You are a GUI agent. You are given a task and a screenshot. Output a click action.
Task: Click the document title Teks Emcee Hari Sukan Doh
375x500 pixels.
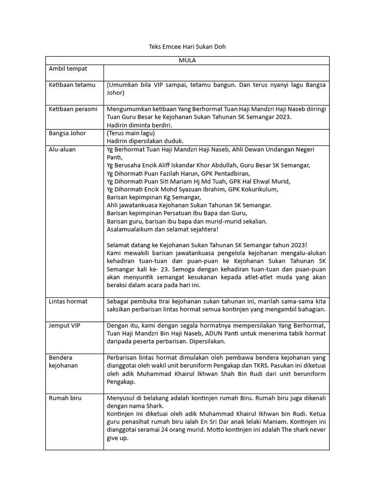[187, 47]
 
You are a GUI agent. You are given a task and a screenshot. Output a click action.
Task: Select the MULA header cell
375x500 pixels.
[187, 61]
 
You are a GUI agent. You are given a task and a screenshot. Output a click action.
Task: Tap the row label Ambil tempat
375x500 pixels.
[68, 69]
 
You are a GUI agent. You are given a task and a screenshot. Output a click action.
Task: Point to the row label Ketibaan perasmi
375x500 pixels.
[73, 109]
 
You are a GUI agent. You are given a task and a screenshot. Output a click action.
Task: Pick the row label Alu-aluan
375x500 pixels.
[62, 149]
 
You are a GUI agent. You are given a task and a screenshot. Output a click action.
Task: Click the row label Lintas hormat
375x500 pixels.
[68, 301]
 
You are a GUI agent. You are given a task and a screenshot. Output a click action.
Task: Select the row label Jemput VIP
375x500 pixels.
[64, 325]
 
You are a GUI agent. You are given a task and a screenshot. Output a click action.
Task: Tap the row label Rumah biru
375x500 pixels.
[65, 398]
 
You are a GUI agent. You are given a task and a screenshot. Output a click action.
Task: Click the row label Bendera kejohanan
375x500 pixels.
[63, 361]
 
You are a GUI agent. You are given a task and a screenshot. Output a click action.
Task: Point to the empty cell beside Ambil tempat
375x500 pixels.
[216, 72]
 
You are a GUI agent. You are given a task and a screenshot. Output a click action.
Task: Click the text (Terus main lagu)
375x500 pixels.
[130, 133]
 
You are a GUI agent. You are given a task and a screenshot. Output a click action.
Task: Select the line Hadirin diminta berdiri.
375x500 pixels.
[139, 125]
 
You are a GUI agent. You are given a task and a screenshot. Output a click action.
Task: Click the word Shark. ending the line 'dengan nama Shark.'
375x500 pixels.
[155, 406]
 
